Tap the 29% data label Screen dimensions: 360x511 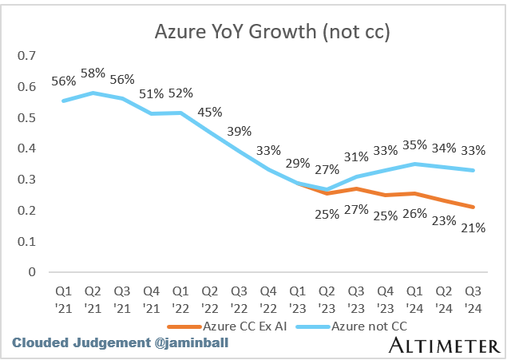[x=296, y=163]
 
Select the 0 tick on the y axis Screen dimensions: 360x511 [x=32, y=272]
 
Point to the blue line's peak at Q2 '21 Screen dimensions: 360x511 [x=92, y=93]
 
